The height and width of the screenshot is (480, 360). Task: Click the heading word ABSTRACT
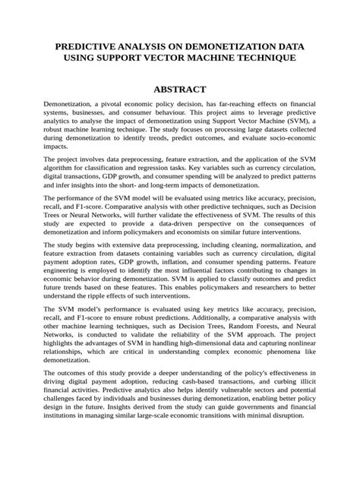[x=179, y=90]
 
